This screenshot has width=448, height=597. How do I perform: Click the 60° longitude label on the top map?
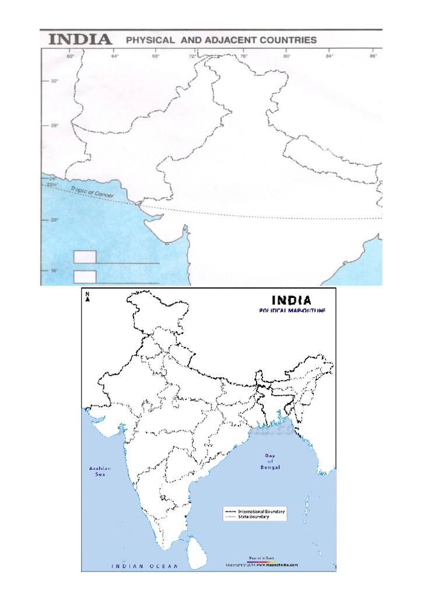(x=71, y=57)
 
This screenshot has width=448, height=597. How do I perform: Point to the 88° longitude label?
(x=373, y=57)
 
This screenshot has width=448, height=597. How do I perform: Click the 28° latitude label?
(x=55, y=125)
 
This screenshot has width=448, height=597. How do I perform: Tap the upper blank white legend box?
(x=85, y=257)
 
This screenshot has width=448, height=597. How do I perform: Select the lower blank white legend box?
(x=85, y=277)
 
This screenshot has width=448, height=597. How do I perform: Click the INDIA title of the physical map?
(x=80, y=40)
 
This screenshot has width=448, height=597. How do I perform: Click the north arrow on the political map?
(x=87, y=297)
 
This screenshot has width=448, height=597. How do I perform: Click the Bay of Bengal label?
(x=271, y=462)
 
